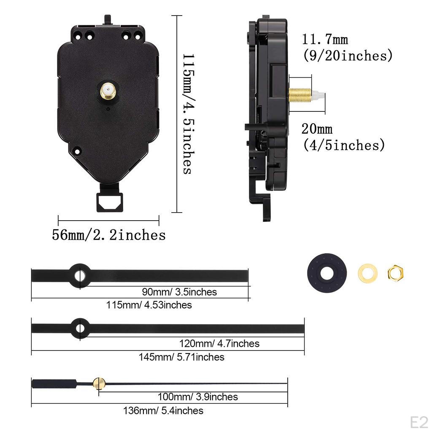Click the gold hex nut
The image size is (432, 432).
[x=395, y=273]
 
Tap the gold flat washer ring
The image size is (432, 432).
[x=367, y=273]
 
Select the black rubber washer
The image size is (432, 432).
[x=326, y=273]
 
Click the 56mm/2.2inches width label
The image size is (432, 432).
[x=108, y=235]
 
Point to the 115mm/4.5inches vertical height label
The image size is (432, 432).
[x=186, y=114]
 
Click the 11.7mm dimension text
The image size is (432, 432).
[x=324, y=40]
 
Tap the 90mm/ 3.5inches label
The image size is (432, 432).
[x=179, y=292]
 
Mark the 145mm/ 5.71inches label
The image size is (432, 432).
[x=181, y=357]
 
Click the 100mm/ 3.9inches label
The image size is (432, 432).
[x=197, y=397]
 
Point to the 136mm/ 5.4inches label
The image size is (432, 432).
[x=163, y=410]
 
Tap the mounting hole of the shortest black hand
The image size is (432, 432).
[x=79, y=276]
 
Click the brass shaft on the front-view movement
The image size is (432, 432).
[x=109, y=91]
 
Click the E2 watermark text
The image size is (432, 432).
[x=419, y=421]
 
